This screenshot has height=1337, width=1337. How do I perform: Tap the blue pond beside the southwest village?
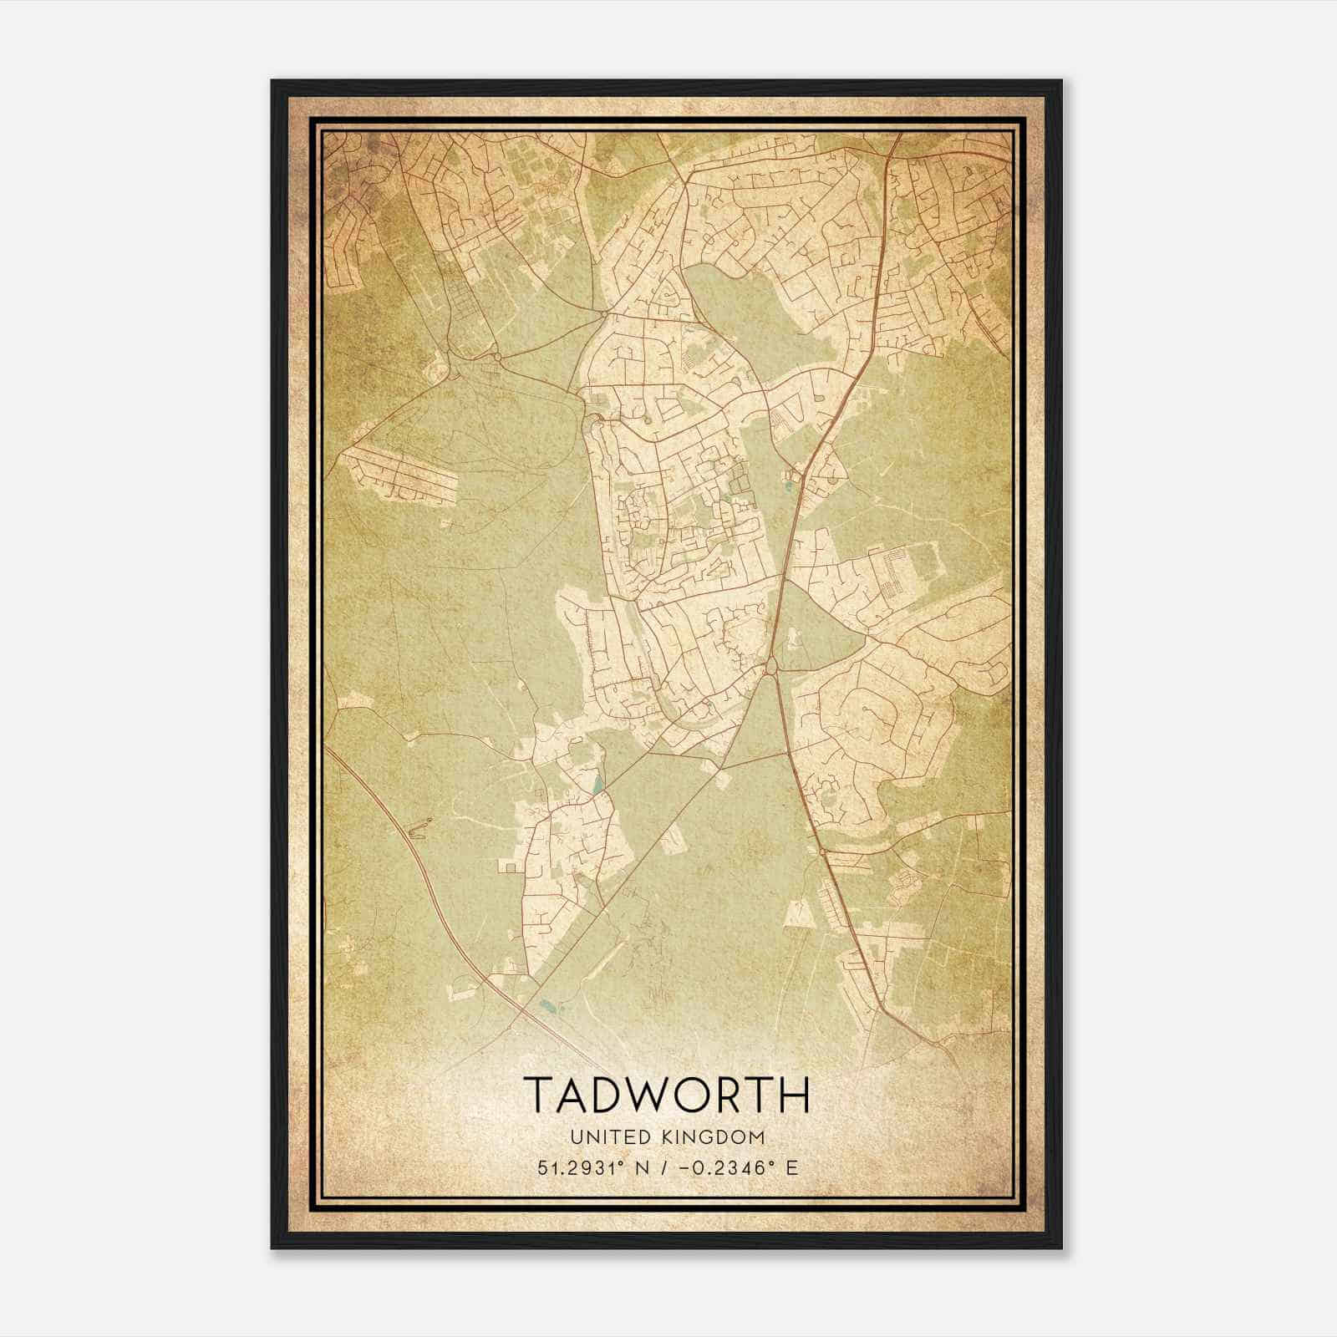(x=597, y=785)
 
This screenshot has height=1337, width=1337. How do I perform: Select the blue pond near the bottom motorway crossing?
(x=547, y=1005)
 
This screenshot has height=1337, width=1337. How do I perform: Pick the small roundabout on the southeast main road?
(x=823, y=852)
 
